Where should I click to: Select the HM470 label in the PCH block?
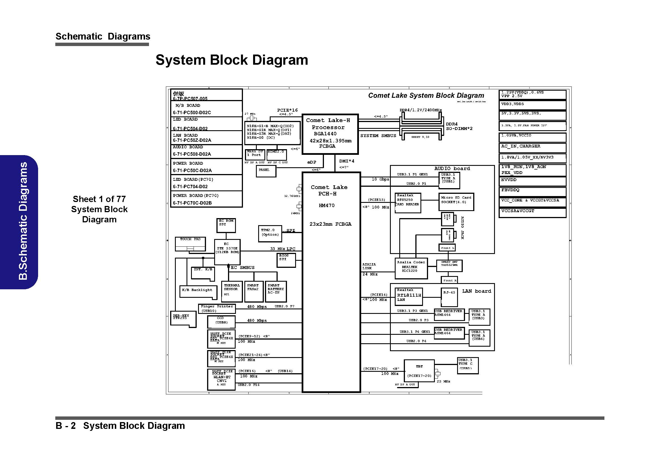click(x=326, y=205)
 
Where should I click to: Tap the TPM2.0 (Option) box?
click(x=270, y=233)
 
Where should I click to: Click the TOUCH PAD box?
click(x=190, y=244)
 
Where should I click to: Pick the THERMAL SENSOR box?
click(x=232, y=291)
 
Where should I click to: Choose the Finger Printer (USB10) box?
click(x=217, y=309)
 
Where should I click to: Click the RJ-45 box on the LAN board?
click(x=449, y=297)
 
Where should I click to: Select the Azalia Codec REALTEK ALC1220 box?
click(x=411, y=268)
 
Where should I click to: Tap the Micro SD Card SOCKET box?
click(x=456, y=201)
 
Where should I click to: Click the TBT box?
click(x=419, y=371)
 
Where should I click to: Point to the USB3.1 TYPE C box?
click(x=468, y=365)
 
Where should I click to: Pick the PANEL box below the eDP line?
click(x=266, y=171)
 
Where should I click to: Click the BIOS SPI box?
click(x=286, y=260)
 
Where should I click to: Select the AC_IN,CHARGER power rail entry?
click(x=532, y=147)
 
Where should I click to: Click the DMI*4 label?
click(x=347, y=161)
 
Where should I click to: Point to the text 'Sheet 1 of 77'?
click(x=99, y=199)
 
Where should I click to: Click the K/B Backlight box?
click(x=198, y=292)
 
